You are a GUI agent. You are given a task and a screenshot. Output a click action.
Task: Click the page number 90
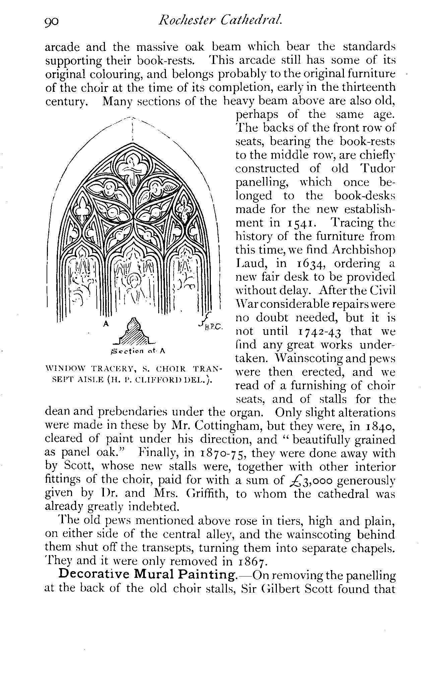click(52, 22)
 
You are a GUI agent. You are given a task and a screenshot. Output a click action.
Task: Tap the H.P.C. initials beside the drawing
click(211, 325)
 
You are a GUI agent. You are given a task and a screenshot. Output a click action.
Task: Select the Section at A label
click(138, 351)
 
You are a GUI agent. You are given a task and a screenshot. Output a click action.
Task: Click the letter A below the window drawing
click(106, 324)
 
